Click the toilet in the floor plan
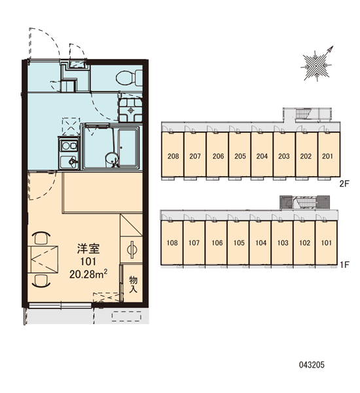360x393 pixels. click(x=129, y=78)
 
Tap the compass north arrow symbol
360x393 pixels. click(x=317, y=65)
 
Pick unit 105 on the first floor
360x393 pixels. click(x=238, y=242)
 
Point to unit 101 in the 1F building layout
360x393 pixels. click(x=327, y=242)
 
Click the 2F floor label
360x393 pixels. click(x=344, y=184)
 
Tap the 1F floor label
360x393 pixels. click(x=344, y=265)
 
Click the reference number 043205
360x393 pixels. click(x=312, y=365)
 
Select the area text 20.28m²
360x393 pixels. click(x=88, y=274)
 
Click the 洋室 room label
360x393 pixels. click(x=88, y=249)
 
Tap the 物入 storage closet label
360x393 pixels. click(x=133, y=285)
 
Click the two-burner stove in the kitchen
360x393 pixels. click(x=69, y=146)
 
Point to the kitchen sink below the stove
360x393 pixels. click(x=69, y=162)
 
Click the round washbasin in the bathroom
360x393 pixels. click(x=112, y=159)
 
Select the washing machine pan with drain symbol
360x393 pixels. click(x=130, y=110)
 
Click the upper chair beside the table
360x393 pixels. click(x=41, y=238)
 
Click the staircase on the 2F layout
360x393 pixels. click(x=304, y=113)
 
